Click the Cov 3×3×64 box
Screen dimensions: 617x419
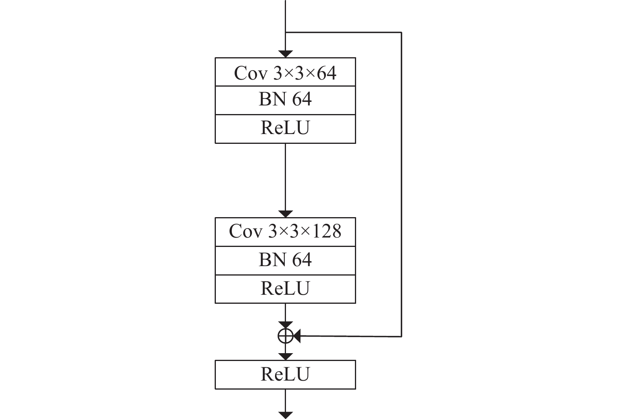(x=285, y=72)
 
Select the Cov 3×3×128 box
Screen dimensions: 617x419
(x=285, y=232)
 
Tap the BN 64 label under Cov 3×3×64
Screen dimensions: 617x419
(x=285, y=99)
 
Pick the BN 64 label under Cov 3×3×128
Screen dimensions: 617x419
(x=285, y=259)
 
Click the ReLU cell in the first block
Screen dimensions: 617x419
(x=285, y=129)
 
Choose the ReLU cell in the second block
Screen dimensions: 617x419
(x=285, y=289)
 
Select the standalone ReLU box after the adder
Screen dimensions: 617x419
(x=285, y=375)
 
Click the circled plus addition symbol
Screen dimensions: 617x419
(x=285, y=336)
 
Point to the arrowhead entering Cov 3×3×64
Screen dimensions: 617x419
(x=285, y=54)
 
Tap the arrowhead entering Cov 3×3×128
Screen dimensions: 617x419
(x=285, y=214)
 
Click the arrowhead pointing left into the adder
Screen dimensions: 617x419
(x=297, y=336)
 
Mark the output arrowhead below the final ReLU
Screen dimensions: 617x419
(x=285, y=415)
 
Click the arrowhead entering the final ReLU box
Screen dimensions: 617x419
(x=285, y=357)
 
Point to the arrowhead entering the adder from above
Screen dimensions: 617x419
(x=285, y=325)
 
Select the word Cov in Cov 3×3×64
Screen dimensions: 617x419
(x=251, y=73)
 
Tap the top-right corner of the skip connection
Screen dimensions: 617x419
(x=401, y=33)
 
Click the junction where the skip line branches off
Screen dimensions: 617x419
(x=285, y=33)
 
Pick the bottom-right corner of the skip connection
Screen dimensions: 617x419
(x=401, y=337)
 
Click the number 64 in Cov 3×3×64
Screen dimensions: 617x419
(x=326, y=73)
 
